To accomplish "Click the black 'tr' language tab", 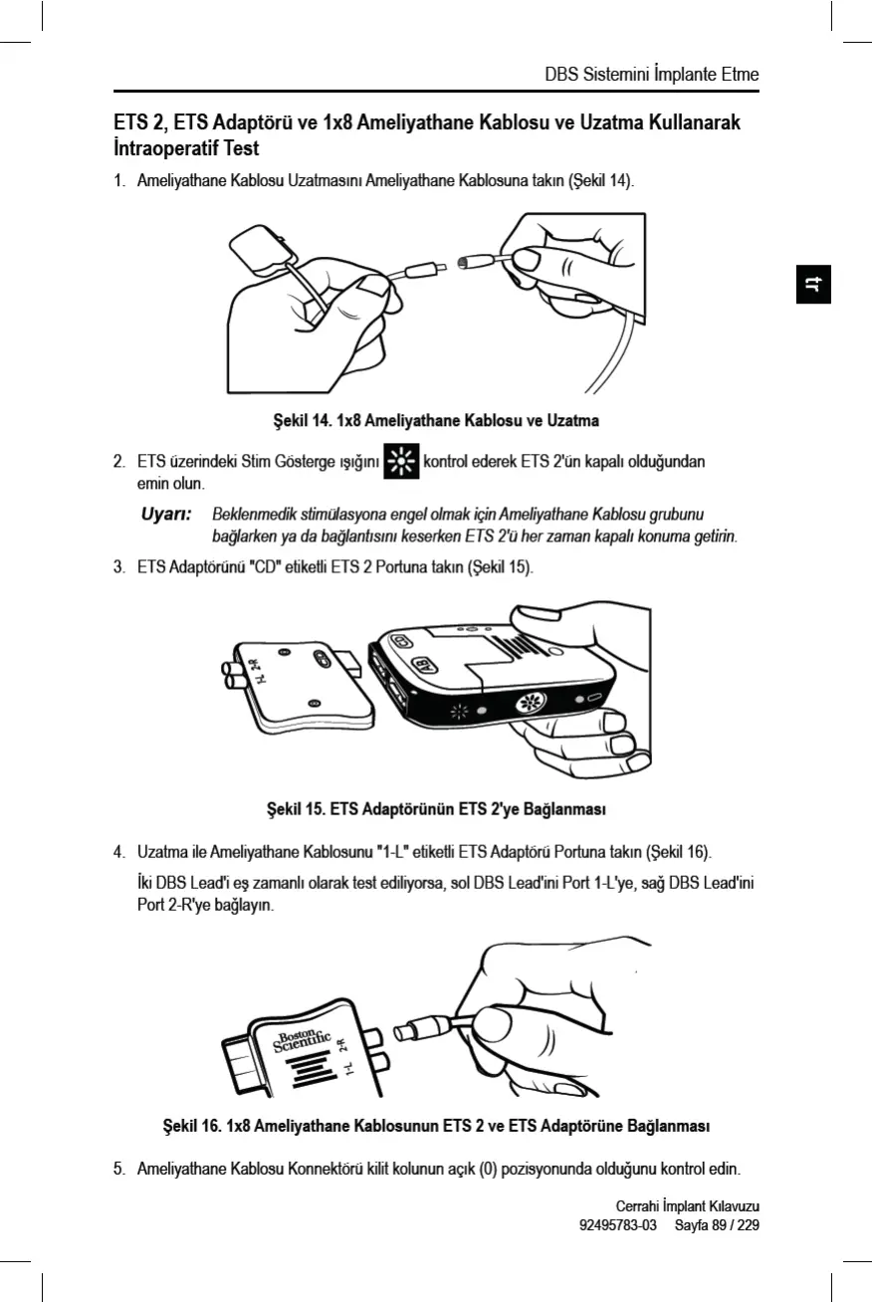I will (x=814, y=285).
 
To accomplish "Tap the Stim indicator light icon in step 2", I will (x=401, y=463).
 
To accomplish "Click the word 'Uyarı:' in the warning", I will (x=164, y=515).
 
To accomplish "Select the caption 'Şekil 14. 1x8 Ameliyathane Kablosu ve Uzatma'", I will (x=436, y=420).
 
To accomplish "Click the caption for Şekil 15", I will (x=436, y=806).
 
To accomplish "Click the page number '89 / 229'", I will (x=733, y=1224).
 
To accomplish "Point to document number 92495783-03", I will (x=617, y=1224).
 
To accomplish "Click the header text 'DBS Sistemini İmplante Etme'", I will (x=652, y=75).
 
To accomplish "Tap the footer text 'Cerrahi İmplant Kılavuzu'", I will (x=687, y=1206).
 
